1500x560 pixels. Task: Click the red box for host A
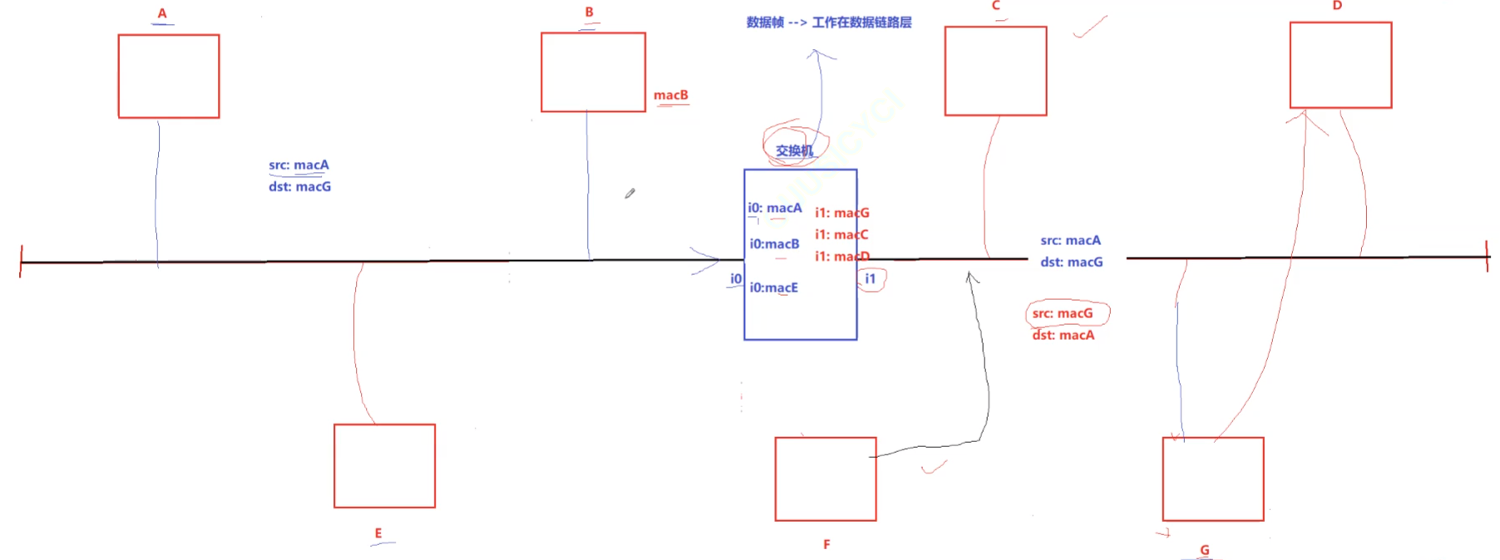coord(169,76)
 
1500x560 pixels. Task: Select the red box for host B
coord(593,72)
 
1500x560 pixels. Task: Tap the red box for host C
coord(995,71)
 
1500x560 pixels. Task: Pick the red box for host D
coord(1340,66)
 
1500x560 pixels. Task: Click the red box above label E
coord(384,466)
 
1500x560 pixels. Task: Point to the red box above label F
coord(826,479)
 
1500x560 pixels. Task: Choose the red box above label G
coord(1213,479)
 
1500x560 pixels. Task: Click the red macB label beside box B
coord(671,96)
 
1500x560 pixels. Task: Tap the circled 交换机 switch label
coord(794,150)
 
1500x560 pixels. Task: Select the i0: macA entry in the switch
coord(775,209)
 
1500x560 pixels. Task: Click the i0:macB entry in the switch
coord(774,244)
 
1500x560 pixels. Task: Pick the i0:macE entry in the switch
coord(773,287)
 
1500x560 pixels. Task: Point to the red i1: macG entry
coord(841,214)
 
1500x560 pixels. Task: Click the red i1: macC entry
coord(841,235)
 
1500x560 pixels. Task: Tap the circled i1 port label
coord(871,279)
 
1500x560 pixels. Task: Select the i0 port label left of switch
coord(736,279)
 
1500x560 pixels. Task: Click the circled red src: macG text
coord(1063,313)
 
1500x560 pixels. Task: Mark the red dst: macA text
coord(1063,336)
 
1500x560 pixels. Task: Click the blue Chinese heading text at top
coord(829,22)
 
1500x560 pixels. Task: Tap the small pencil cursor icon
coord(630,194)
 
